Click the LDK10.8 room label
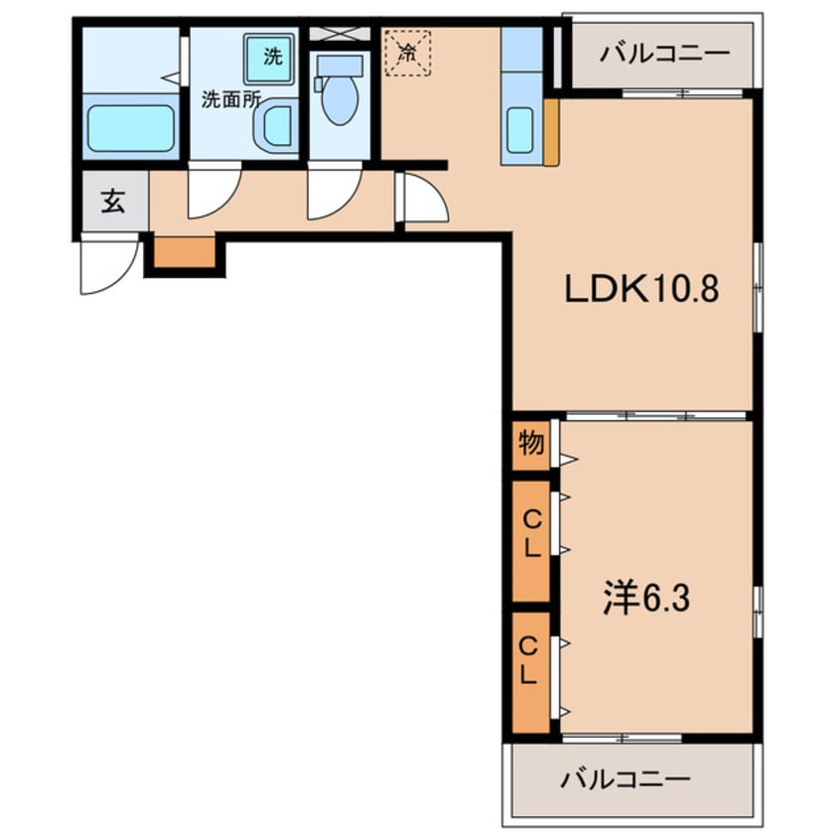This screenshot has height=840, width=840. [x=640, y=290]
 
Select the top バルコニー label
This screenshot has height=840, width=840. [x=663, y=52]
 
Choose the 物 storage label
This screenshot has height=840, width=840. [x=531, y=444]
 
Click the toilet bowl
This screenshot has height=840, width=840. [x=340, y=100]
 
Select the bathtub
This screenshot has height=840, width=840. [x=130, y=127]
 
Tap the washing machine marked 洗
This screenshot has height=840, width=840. [x=271, y=58]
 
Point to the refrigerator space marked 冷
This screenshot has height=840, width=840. [x=407, y=52]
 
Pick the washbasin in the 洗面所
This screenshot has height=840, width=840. [x=275, y=127]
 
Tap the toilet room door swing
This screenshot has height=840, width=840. [x=333, y=194]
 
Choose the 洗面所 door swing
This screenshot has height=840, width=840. [x=213, y=194]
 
